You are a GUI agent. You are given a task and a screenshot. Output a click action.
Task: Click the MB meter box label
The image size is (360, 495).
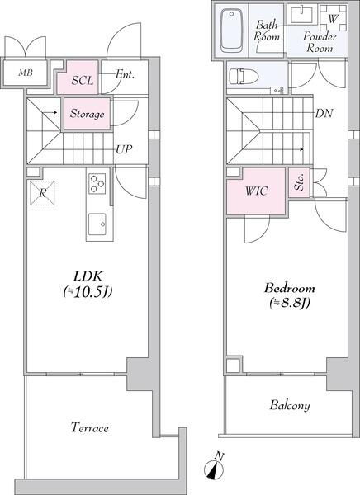tap(26, 73)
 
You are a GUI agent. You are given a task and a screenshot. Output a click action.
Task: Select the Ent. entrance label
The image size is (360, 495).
tap(125, 74)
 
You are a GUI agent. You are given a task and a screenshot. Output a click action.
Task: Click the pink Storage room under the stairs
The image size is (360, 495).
tap(88, 114)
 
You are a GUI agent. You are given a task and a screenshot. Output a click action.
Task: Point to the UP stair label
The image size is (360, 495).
tap(124, 149)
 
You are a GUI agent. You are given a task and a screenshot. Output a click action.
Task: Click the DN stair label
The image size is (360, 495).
tap(324, 113)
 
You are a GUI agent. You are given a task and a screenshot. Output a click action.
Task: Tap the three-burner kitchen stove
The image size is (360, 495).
tap(97, 183)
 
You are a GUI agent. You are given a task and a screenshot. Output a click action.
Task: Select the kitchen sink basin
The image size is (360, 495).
tap(97, 224)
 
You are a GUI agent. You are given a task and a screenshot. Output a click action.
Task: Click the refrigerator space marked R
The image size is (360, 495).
tap(42, 193)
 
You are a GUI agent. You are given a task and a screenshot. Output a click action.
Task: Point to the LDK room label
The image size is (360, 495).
tap(88, 276)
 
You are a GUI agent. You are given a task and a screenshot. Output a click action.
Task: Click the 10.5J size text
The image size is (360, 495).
tap(88, 292)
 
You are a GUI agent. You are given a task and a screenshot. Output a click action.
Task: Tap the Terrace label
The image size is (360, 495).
tap(90, 427)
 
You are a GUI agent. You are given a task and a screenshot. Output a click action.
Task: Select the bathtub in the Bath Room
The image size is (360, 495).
tap(232, 31)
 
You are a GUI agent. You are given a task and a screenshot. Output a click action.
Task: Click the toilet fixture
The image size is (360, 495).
tap(244, 77)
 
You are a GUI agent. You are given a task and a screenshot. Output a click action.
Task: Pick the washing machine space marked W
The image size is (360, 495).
tap(333, 19)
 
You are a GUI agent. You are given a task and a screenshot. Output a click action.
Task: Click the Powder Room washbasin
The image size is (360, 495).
tap(302, 15)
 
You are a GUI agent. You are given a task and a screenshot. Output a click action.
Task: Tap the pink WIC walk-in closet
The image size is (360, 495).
tap(256, 191)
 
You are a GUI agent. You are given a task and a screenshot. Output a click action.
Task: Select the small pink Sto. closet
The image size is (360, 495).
tap(299, 182)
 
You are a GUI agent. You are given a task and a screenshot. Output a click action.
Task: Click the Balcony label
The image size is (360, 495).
tap(290, 406)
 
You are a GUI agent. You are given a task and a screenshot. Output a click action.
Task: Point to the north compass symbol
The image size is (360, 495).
tap(215, 467)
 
